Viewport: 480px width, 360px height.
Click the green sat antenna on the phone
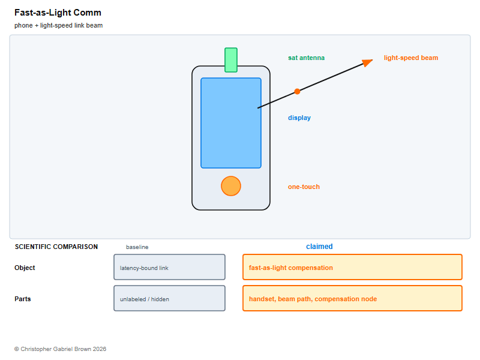pos(231,60)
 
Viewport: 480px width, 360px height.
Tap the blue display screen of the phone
pos(231,123)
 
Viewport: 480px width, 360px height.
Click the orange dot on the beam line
pos(297,91)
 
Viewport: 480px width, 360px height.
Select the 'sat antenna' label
pos(306,58)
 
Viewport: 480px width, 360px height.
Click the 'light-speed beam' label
pos(411,58)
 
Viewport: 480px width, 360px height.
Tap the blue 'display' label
pos(299,118)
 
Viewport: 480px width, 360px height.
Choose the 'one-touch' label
pos(304,187)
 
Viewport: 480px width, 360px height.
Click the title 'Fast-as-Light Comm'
pos(58,13)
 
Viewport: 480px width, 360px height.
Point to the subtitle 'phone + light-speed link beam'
pos(58,25)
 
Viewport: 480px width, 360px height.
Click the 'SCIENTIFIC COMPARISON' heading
pos(56,247)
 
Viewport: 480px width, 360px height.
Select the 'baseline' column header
pos(137,247)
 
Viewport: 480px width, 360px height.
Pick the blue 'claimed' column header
pos(319,247)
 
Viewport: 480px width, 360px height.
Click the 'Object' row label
pos(25,268)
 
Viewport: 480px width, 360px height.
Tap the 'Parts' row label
pos(23,299)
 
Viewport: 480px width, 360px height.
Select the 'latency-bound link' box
pos(169,267)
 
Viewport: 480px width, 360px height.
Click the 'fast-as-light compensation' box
pos(352,267)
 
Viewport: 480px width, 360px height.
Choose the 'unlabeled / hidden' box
pos(169,298)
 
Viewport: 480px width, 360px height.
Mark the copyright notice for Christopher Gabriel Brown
pos(61,349)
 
